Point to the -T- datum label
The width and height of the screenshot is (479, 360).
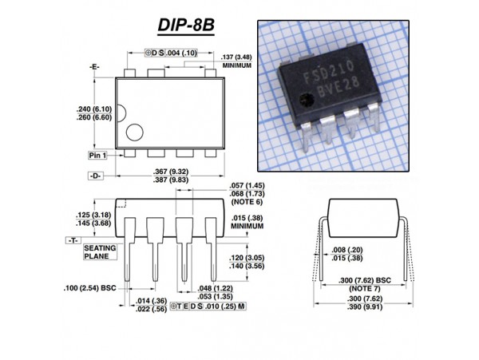[x=71, y=239]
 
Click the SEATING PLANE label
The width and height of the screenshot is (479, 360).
[x=101, y=253]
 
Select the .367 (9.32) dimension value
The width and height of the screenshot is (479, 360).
[x=169, y=172]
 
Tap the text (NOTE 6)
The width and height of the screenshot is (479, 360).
[x=247, y=201]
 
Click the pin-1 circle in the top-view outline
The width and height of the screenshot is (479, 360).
[x=134, y=133]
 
